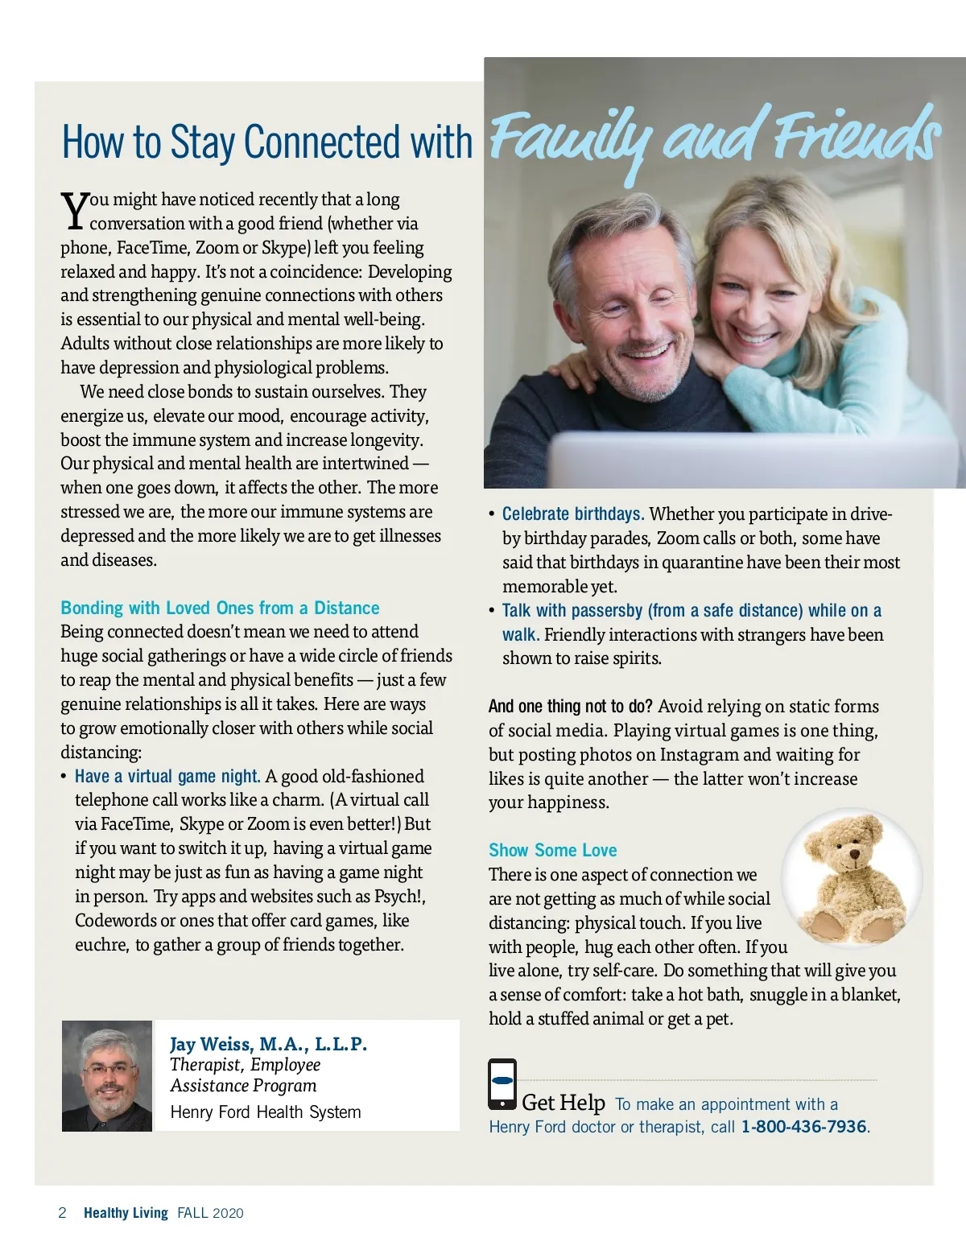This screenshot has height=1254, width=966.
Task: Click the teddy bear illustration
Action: (852, 879)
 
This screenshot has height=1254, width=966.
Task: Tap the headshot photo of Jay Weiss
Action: (107, 1076)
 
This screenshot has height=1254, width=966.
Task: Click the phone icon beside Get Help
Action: (502, 1083)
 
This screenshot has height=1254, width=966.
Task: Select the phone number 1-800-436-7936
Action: (803, 1127)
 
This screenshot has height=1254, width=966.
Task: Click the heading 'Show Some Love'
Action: (552, 850)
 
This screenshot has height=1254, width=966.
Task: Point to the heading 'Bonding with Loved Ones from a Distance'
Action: (220, 608)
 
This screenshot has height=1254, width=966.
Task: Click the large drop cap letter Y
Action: (74, 210)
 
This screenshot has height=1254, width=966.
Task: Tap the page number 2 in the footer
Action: (63, 1213)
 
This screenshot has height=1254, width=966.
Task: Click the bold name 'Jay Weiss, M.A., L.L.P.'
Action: (268, 1044)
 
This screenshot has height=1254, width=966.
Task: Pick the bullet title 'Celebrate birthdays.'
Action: (573, 514)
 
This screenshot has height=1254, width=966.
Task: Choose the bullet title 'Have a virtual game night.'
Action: (167, 776)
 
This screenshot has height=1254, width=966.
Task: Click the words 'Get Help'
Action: (563, 1103)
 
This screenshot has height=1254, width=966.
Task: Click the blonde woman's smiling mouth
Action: (755, 337)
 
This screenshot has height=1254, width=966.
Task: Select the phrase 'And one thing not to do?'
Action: (570, 707)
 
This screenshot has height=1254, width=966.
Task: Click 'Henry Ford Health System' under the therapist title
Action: (266, 1112)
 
